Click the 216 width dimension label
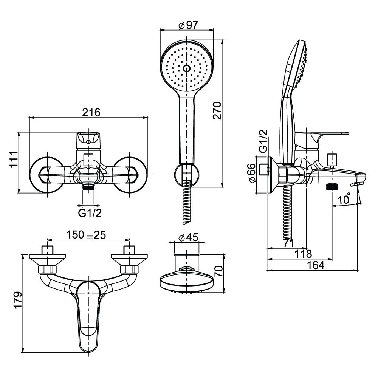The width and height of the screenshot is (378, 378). click(91, 112)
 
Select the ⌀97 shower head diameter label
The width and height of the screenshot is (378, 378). click(188, 26)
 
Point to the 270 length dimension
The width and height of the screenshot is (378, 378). click(217, 110)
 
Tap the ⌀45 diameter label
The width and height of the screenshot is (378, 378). click(188, 238)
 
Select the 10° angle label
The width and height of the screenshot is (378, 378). click(344, 199)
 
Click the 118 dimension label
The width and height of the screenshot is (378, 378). click(304, 254)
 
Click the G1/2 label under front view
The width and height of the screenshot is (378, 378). click(90, 214)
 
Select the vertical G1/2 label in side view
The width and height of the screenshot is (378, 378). click(263, 141)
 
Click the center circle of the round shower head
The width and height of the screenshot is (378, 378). click(186, 69)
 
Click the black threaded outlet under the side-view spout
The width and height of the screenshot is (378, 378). click(332, 186)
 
